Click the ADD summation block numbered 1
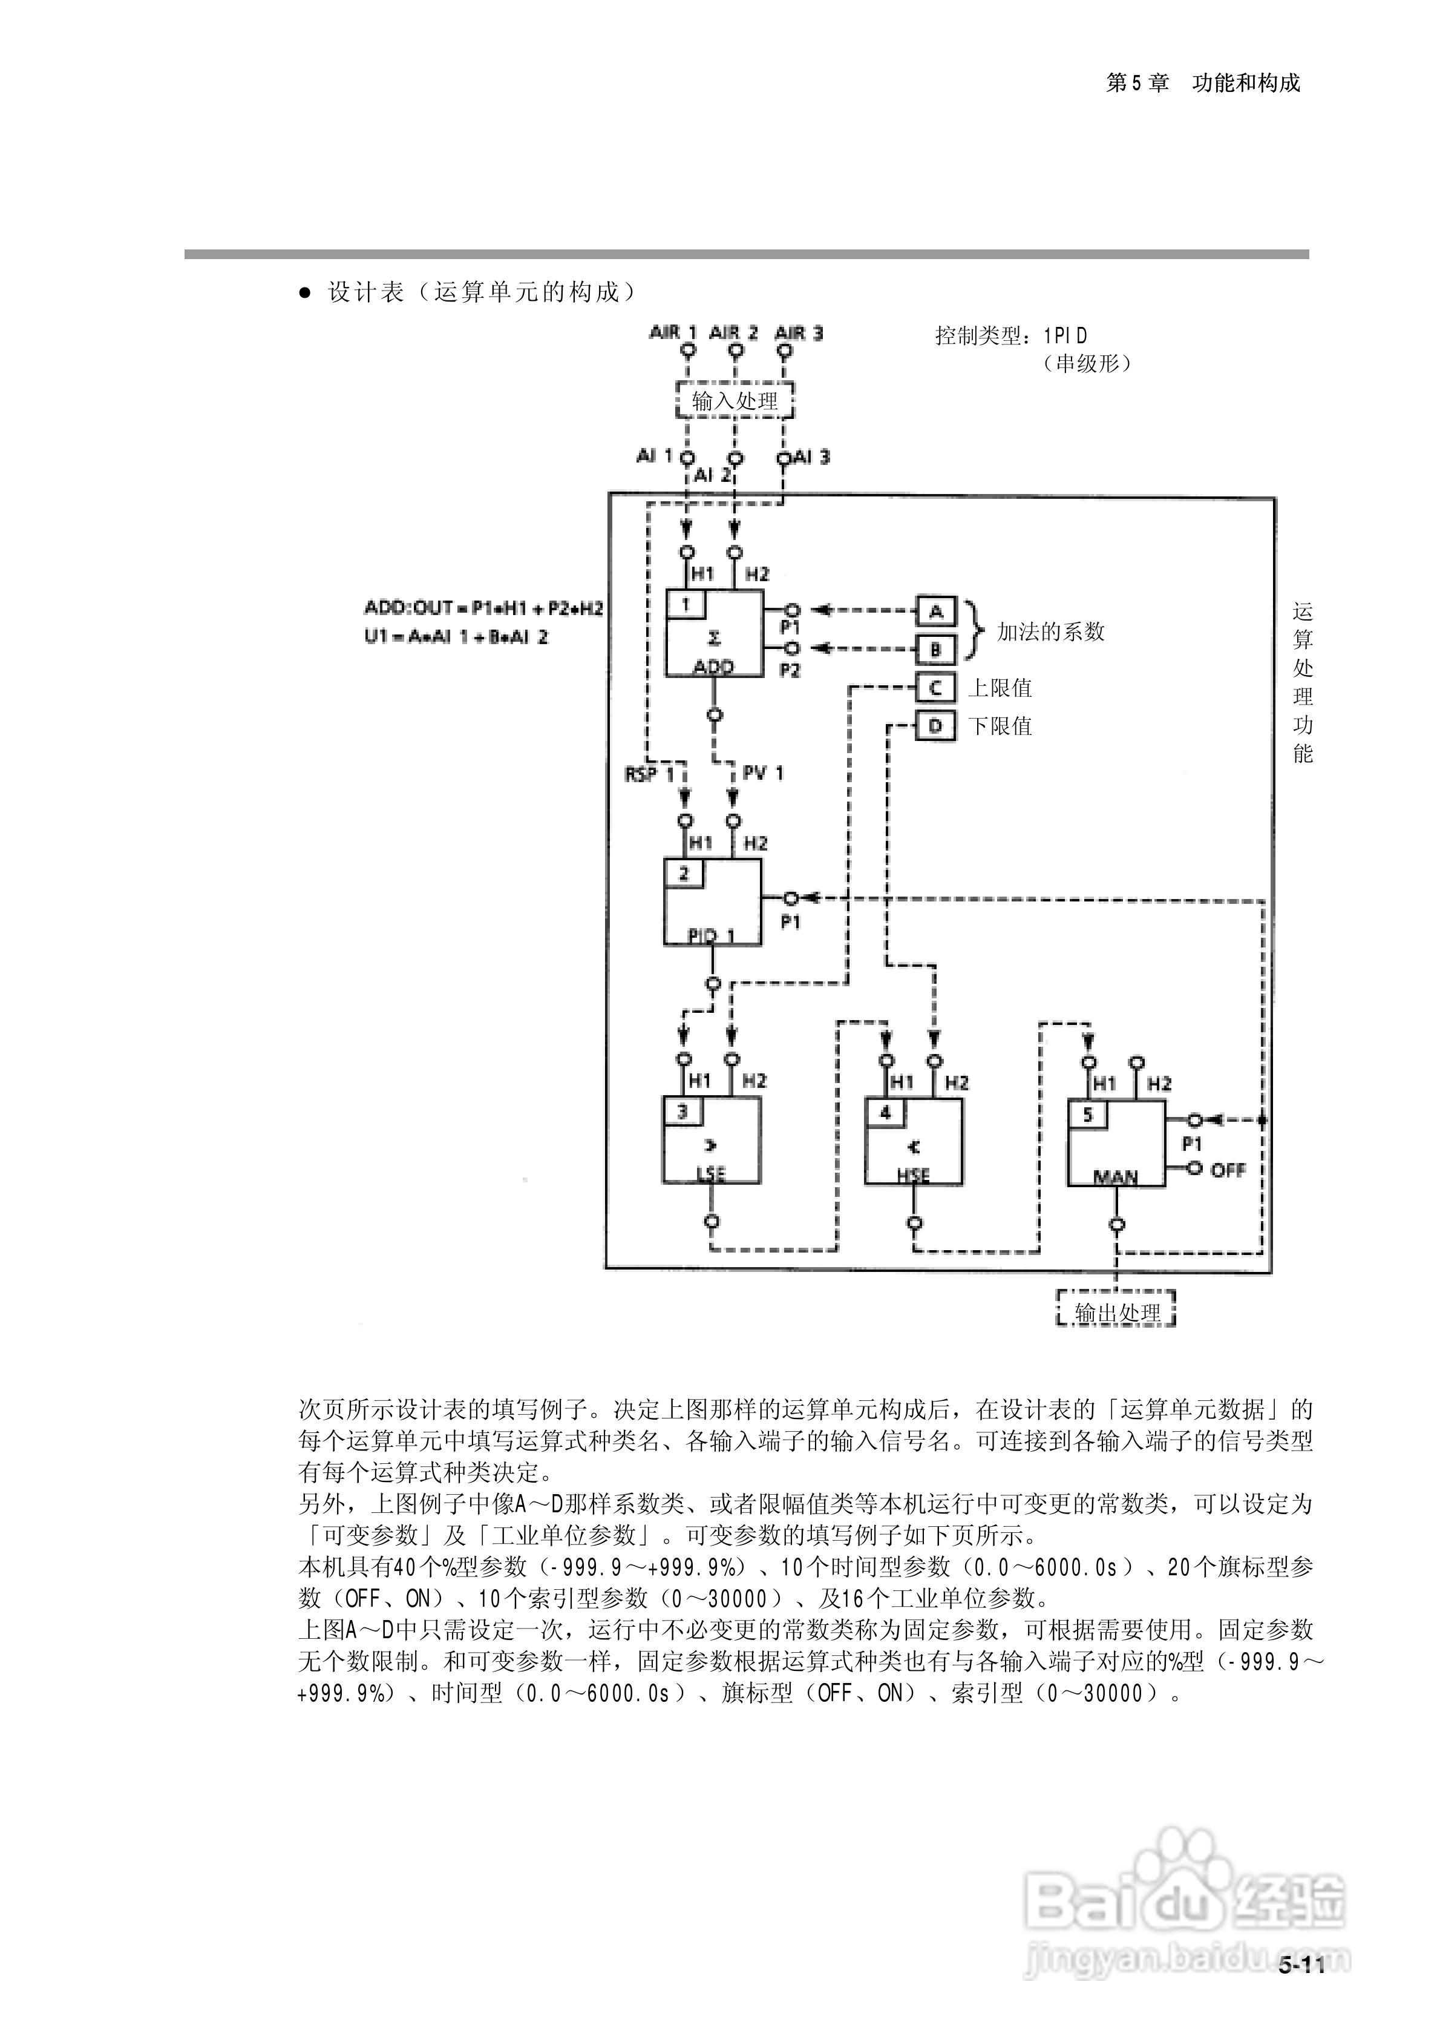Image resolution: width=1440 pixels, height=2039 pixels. [715, 633]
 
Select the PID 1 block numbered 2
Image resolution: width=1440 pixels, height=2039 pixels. [712, 902]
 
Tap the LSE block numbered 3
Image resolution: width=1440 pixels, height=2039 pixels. [711, 1140]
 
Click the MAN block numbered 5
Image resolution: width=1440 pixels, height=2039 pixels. [1116, 1143]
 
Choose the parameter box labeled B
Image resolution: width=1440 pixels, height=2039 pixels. [935, 649]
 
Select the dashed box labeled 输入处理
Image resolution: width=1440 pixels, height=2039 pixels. [734, 401]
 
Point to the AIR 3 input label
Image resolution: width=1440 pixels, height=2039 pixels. [799, 333]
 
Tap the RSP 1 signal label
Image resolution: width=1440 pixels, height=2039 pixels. [649, 774]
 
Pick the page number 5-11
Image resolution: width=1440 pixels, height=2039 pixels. [1301, 1965]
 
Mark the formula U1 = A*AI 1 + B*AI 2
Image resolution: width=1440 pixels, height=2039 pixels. [456, 637]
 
